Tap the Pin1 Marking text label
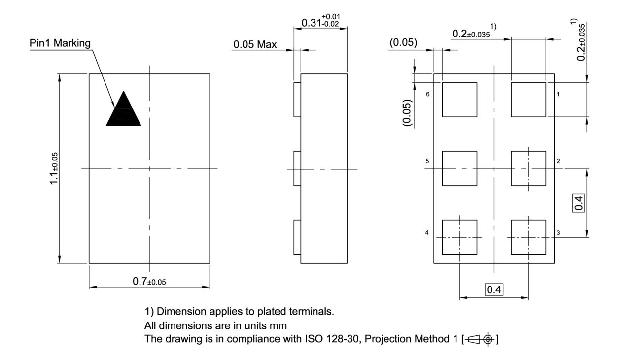tap(60, 43)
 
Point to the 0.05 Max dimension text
tap(255, 45)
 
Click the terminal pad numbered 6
tap(459, 100)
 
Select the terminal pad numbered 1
tap(528, 100)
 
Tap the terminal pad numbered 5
tap(459, 169)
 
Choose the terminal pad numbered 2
tap(528, 169)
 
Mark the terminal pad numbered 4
tap(459, 238)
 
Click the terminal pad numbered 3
tap(528, 238)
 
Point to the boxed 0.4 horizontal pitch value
tap(494, 290)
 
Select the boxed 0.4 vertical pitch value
tap(579, 203)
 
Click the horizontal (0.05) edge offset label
tap(403, 43)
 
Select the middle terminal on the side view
tap(297, 169)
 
